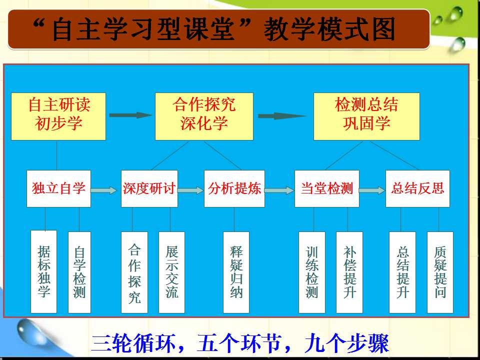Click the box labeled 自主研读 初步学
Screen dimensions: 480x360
(58, 116)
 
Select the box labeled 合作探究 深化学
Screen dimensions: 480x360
(204, 116)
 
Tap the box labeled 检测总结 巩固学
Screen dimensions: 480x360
(366, 116)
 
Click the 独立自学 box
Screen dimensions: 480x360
(58, 188)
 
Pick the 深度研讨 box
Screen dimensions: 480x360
(149, 188)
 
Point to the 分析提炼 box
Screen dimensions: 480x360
(234, 188)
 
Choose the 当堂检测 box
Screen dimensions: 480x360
(326, 188)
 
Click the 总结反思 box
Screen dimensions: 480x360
(417, 188)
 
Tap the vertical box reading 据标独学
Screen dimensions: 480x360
(44, 272)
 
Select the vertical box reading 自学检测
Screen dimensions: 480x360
(79, 272)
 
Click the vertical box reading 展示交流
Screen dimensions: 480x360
(171, 272)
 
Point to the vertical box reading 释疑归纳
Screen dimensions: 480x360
(236, 272)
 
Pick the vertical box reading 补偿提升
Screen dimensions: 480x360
(349, 272)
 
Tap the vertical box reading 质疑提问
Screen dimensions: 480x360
(440, 272)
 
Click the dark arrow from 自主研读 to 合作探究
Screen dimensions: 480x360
(130, 115)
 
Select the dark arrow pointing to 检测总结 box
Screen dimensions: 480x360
(282, 115)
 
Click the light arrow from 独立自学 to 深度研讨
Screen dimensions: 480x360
(104, 190)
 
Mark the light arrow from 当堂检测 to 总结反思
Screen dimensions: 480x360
(372, 190)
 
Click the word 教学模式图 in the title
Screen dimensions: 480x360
(329, 29)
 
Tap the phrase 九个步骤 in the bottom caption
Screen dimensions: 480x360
(346, 343)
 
